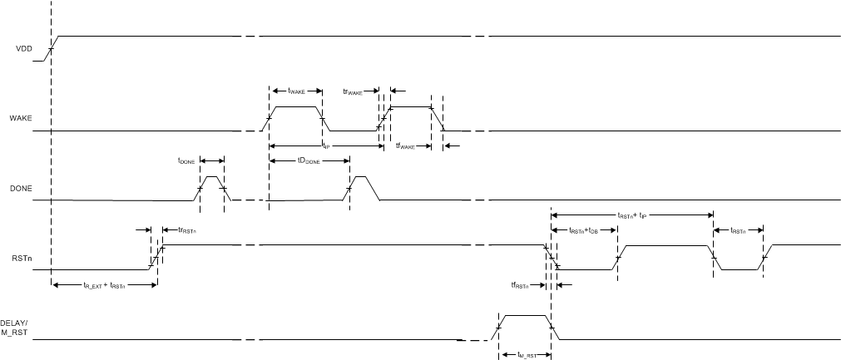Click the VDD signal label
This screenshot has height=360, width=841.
coord(23,49)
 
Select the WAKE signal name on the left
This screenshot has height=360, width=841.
coord(21,119)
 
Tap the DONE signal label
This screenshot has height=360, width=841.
coord(21,189)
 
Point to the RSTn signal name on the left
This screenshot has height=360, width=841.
coord(22,258)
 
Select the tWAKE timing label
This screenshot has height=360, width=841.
coord(295,91)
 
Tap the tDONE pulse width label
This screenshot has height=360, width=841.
coord(187,161)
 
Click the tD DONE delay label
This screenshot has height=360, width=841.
coord(308,161)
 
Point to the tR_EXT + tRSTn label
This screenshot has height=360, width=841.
coord(104,285)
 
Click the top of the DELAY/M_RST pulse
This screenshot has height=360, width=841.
coord(524,315)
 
